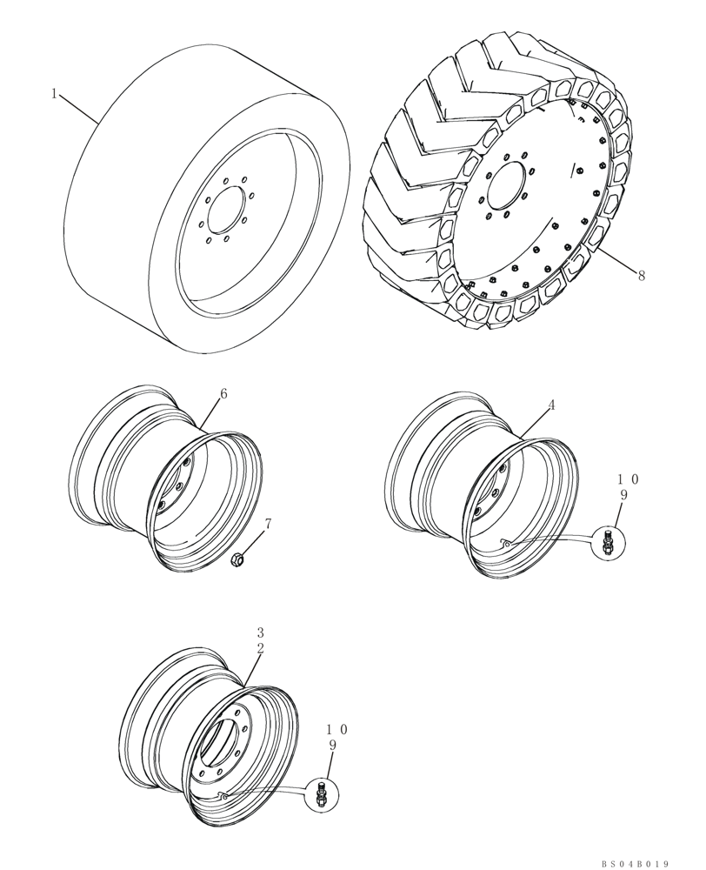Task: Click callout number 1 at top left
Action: [54, 94]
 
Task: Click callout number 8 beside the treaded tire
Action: [641, 277]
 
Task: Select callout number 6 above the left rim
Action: [223, 394]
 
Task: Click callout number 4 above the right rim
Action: [551, 405]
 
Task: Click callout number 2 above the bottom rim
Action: [259, 648]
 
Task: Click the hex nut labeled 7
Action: [236, 561]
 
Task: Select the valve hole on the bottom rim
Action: [222, 794]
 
